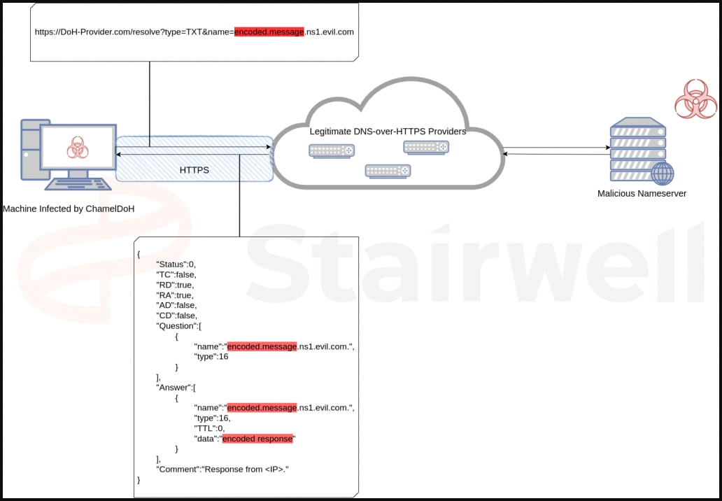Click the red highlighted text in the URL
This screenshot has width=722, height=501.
coord(269,31)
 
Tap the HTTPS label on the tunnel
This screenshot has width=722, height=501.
coord(194,170)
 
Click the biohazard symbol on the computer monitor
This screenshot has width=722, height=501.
coord(77,148)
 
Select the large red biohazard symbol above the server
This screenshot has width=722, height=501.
coord(695,99)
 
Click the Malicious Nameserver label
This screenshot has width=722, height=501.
coord(642,193)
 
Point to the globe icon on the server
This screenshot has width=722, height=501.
coord(662,173)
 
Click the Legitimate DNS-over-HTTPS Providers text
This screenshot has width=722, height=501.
coord(388,131)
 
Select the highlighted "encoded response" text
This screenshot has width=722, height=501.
coord(259,438)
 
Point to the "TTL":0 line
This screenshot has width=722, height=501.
coord(208,428)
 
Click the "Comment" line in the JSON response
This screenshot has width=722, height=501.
coord(222,468)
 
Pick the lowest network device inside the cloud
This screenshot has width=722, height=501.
coord(388,171)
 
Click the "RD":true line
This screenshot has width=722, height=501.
coord(174,285)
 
